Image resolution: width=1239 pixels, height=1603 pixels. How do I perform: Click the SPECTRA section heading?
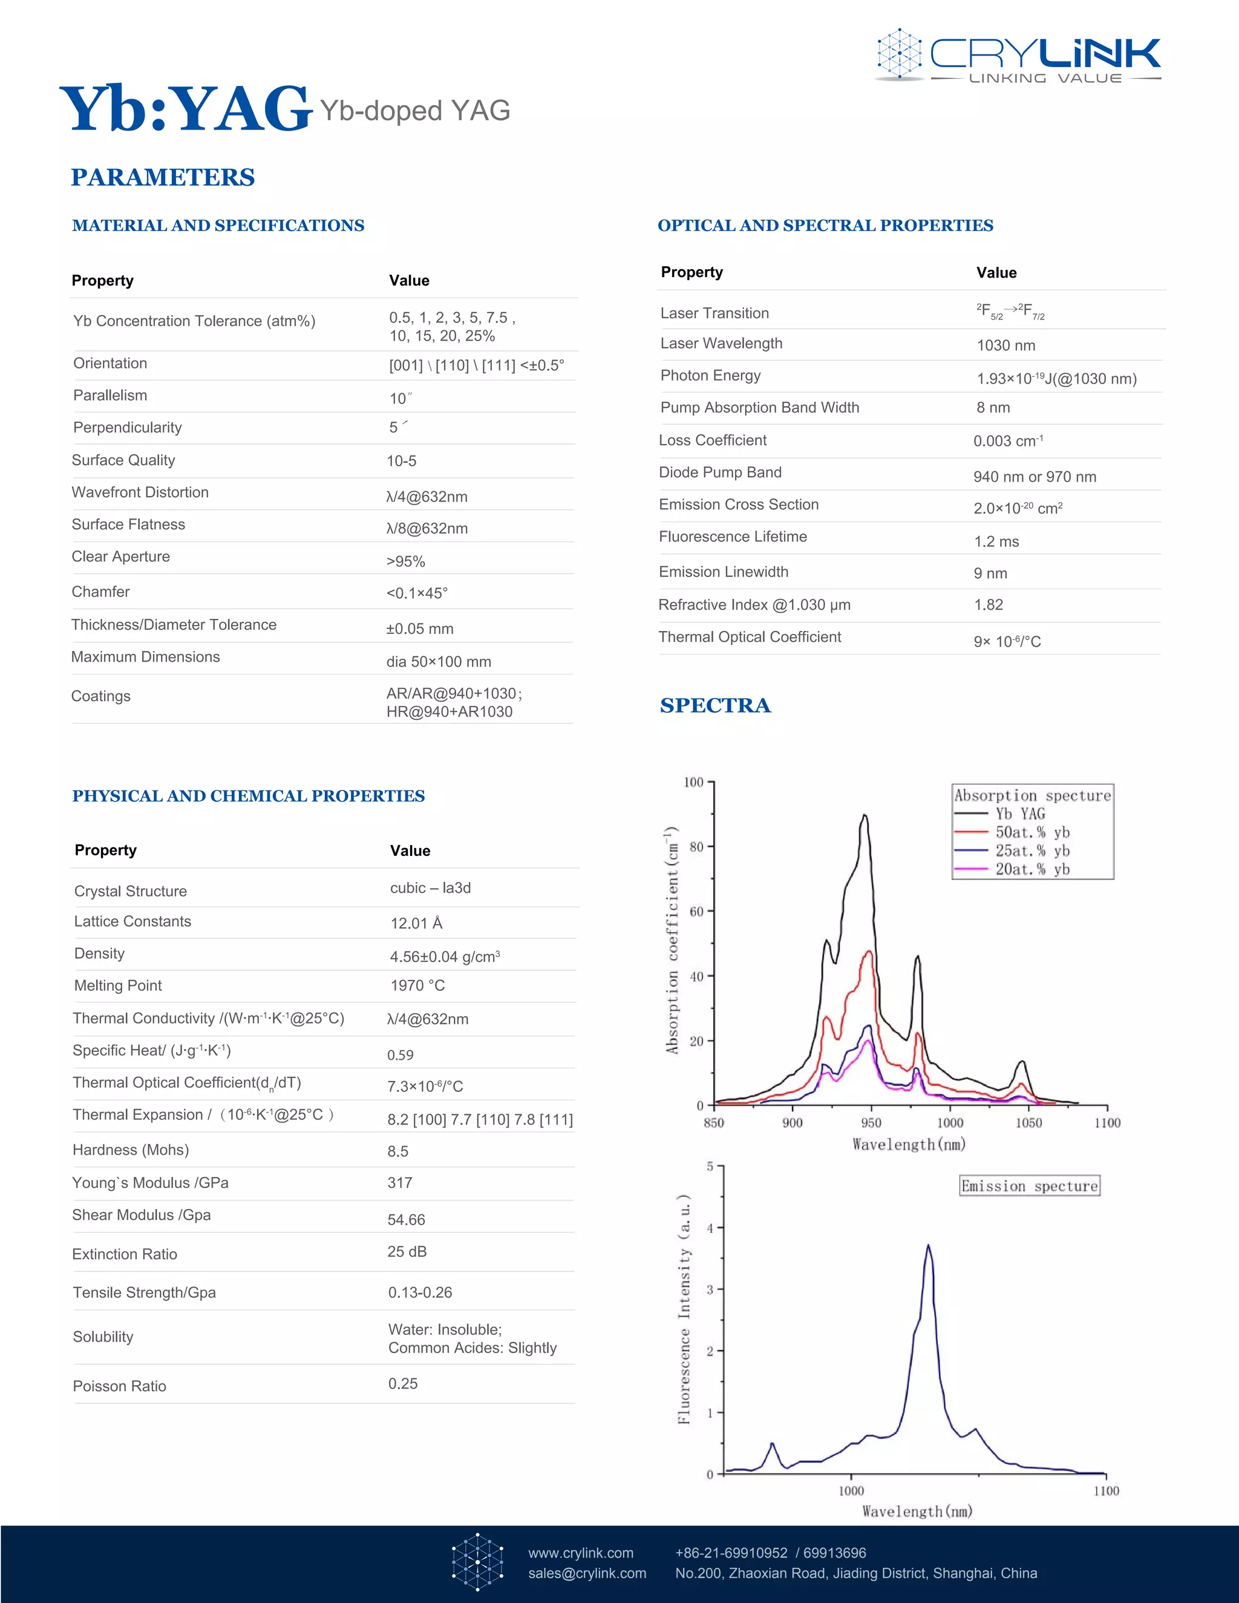tap(715, 705)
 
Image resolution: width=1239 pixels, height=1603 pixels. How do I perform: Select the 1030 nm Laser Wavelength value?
tap(1005, 345)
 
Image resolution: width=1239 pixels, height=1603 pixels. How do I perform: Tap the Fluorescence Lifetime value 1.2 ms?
tap(996, 541)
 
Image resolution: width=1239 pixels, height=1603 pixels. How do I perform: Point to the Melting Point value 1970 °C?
tap(417, 985)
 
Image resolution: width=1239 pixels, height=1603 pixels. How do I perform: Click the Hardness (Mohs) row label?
tap(131, 1149)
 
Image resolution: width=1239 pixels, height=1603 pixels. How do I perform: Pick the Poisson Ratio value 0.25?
tap(403, 1383)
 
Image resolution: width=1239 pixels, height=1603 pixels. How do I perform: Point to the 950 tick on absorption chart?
tap(871, 1122)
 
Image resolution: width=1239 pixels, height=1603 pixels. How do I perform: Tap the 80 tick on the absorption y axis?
tap(696, 847)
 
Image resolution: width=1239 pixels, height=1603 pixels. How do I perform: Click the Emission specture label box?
tap(1029, 1186)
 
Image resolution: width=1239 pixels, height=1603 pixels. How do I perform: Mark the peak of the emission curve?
tap(929, 1246)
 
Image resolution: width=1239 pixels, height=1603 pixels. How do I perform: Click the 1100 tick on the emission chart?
tap(1105, 1490)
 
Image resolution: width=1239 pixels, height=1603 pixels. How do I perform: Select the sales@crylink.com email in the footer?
tap(587, 1573)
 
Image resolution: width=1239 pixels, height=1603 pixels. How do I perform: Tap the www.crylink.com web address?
tap(581, 1552)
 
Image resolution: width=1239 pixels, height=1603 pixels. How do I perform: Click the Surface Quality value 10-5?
tap(402, 461)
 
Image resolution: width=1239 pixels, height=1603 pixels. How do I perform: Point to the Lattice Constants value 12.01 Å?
tap(416, 923)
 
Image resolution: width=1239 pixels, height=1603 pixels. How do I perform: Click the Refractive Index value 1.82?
tap(988, 605)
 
